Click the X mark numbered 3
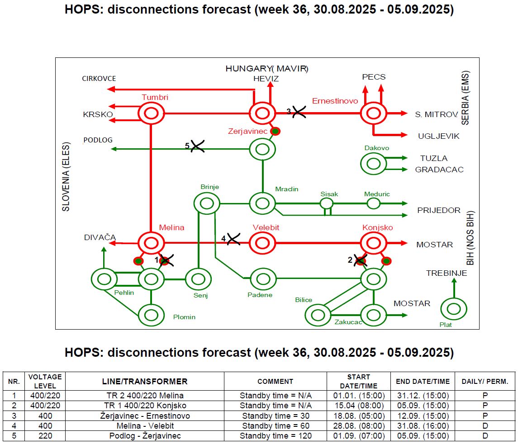click(x=299, y=112)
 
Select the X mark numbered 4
click(x=233, y=239)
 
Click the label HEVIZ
click(x=266, y=79)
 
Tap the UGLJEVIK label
click(x=439, y=136)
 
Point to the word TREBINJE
click(x=447, y=273)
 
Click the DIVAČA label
click(x=100, y=237)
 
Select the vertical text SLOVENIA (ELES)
click(x=66, y=177)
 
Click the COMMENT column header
click(x=275, y=381)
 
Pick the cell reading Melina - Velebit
click(x=145, y=426)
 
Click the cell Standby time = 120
click(x=276, y=436)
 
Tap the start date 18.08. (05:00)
click(x=359, y=416)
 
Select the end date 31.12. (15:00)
click(x=423, y=396)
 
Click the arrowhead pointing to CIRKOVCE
click(x=111, y=89)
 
